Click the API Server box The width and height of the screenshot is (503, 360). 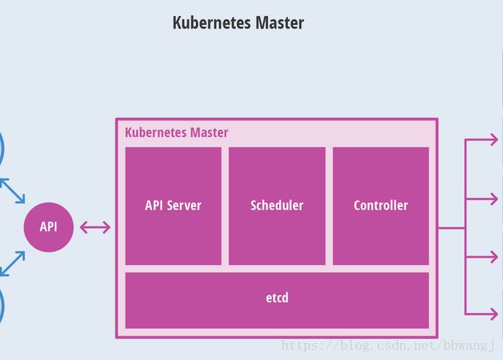pyautogui.click(x=173, y=205)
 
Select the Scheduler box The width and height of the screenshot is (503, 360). pyautogui.click(x=277, y=205)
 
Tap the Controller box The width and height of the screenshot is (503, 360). pyautogui.click(x=381, y=205)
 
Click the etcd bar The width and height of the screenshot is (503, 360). pyautogui.click(x=277, y=299)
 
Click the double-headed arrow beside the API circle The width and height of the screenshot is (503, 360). pyautogui.click(x=95, y=227)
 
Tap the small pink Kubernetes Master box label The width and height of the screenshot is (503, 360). pyautogui.click(x=177, y=133)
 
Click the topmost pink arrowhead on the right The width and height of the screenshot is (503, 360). pyautogui.click(x=493, y=140)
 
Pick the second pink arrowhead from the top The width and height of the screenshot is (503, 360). pyautogui.click(x=493, y=198)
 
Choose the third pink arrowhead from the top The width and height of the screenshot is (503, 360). pyautogui.click(x=493, y=256)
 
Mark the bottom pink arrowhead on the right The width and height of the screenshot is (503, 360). pyautogui.click(x=493, y=314)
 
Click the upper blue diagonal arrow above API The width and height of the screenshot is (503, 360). pyautogui.click(x=13, y=190)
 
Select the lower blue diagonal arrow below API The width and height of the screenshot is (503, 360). pyautogui.click(x=13, y=264)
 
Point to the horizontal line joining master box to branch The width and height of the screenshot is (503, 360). pyautogui.click(x=451, y=227)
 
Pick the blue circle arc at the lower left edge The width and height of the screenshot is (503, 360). pyautogui.click(x=2, y=303)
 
